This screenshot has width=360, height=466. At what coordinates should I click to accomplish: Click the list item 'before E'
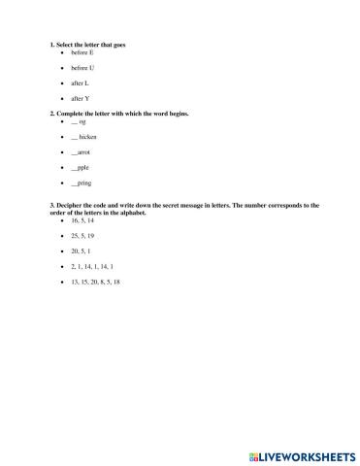pyautogui.click(x=82, y=52)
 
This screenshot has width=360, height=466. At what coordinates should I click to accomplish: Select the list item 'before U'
pyautogui.click(x=82, y=68)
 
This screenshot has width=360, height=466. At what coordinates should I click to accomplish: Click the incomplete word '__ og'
pyautogui.click(x=79, y=122)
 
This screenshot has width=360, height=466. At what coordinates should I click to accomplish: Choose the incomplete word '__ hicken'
pyautogui.click(x=84, y=138)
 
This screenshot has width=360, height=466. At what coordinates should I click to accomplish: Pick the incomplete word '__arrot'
pyautogui.click(x=82, y=152)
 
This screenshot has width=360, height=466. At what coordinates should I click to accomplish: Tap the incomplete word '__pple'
pyautogui.click(x=81, y=168)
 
